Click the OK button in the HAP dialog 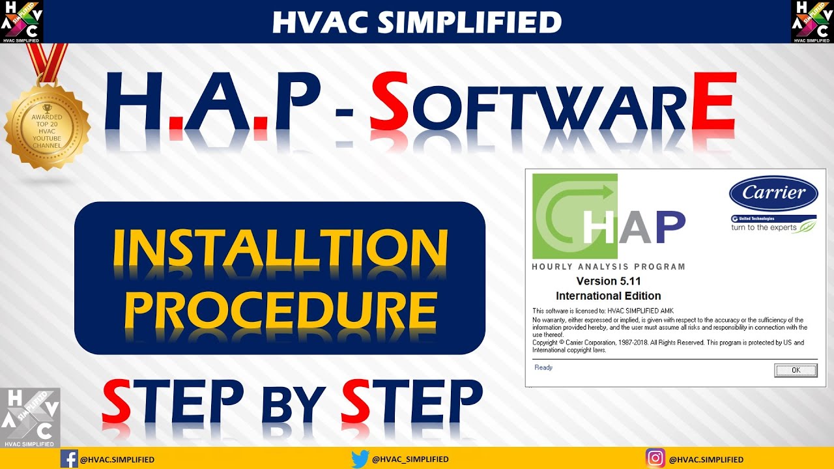pos(795,370)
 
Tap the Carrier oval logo pos(773,193)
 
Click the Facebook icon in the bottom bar pos(68,459)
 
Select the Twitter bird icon pos(360,459)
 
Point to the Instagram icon pos(655,459)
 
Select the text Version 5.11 pos(609,281)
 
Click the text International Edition pos(609,296)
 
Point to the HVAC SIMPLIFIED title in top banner pos(417,22)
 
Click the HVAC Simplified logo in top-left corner pos(22,21)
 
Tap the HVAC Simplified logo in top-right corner pos(812,21)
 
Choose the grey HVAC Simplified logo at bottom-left pos(30,418)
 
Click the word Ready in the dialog pos(543,367)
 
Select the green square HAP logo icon pos(575,216)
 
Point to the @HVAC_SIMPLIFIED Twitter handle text pos(410,459)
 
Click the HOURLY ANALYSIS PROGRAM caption pos(609,266)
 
